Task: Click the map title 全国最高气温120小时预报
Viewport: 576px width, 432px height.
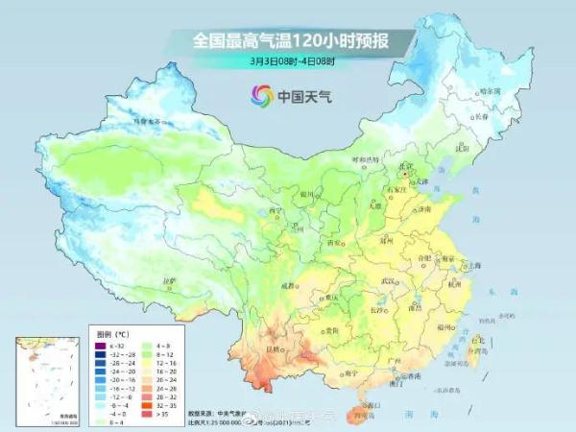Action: [x=288, y=40]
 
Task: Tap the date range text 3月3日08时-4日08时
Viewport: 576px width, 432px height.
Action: [x=288, y=61]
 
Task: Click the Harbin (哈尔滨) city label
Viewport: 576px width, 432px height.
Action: [x=491, y=90]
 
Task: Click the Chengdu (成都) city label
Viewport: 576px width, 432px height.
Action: [x=288, y=285]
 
